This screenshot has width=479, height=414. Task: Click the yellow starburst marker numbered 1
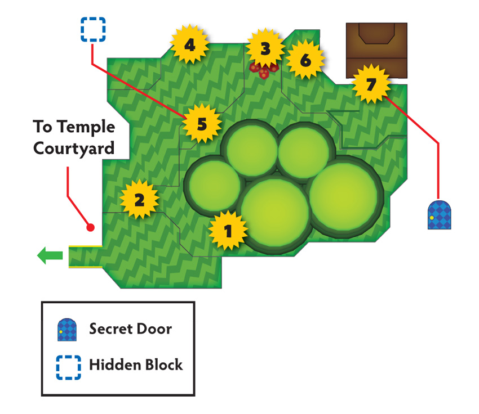point(228,231)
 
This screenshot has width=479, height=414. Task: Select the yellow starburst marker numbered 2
point(139,200)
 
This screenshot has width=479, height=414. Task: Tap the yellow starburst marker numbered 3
point(265,48)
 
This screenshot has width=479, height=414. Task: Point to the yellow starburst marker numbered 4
point(190,45)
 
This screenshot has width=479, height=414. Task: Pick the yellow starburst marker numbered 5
point(202,123)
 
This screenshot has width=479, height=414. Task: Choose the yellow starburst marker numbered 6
point(305,60)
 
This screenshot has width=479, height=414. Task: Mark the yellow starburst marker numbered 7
point(371,84)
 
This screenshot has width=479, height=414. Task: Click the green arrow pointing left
point(50,255)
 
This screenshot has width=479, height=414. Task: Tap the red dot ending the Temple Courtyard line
point(90,227)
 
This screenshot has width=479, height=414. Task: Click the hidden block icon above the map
point(93,29)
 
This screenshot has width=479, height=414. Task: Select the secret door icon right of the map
point(440,215)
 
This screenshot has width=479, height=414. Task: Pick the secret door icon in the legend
point(67,330)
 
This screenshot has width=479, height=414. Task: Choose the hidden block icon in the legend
point(68,367)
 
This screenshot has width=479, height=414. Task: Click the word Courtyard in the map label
point(74,148)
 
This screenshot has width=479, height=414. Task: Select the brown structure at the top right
point(376,50)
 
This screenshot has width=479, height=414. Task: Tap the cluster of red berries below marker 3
point(264,71)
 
